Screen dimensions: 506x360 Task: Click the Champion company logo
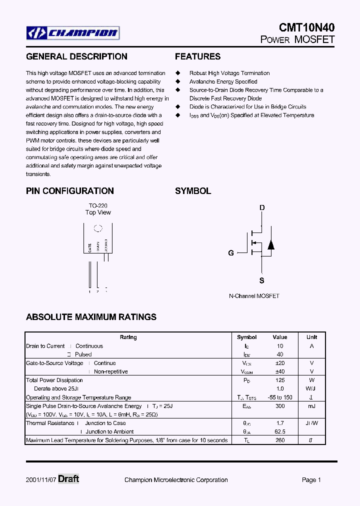(x=73, y=33)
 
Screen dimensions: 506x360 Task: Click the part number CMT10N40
(x=307, y=28)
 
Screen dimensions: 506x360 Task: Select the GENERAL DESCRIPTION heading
(x=76, y=56)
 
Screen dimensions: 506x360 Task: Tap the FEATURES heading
(x=197, y=56)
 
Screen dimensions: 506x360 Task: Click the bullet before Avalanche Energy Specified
(x=177, y=81)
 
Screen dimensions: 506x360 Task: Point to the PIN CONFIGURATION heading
(x=70, y=191)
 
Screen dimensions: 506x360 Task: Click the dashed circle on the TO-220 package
(x=98, y=228)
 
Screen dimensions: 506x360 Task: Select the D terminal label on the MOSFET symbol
(x=262, y=208)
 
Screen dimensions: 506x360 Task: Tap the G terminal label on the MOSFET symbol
(x=231, y=253)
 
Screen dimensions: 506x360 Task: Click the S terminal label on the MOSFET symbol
(x=262, y=281)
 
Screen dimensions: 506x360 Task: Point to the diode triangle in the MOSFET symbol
(x=270, y=245)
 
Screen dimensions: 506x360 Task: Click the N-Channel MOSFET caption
(x=254, y=296)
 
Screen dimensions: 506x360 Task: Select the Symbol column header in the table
(x=246, y=337)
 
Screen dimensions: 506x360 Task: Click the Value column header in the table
(x=280, y=337)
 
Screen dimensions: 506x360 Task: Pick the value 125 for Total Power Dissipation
(x=280, y=380)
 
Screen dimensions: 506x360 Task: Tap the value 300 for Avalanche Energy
(x=280, y=406)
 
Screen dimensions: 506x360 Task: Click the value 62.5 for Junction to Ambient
(x=280, y=432)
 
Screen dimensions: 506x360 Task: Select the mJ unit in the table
(x=311, y=406)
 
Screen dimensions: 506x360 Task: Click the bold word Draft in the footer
(x=68, y=479)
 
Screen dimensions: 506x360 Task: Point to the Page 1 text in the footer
(x=311, y=480)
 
